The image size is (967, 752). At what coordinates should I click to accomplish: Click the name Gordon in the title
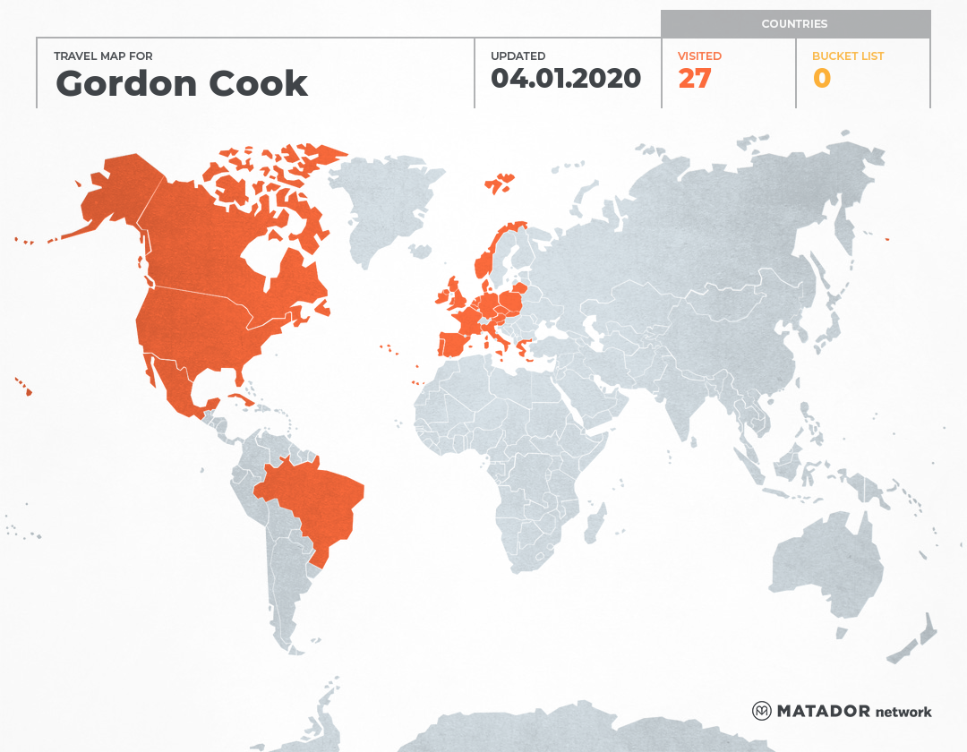click(x=126, y=84)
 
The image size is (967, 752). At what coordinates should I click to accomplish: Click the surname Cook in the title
click(x=259, y=84)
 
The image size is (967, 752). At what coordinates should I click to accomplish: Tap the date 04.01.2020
click(x=566, y=79)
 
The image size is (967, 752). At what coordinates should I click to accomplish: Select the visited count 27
click(x=694, y=79)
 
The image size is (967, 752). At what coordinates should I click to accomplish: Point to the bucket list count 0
click(x=821, y=79)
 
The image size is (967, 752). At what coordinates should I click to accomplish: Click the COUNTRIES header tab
click(x=794, y=24)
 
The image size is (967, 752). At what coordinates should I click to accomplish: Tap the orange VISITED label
click(x=699, y=56)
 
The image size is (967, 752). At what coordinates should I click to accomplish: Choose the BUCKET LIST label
click(x=847, y=56)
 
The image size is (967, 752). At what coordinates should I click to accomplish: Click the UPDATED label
click(x=518, y=56)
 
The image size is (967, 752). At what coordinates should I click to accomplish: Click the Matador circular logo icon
click(x=762, y=711)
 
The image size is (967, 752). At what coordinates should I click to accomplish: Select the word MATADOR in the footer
click(x=823, y=712)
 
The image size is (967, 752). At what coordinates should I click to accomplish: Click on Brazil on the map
click(x=313, y=501)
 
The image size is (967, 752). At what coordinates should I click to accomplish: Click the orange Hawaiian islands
click(x=24, y=387)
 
